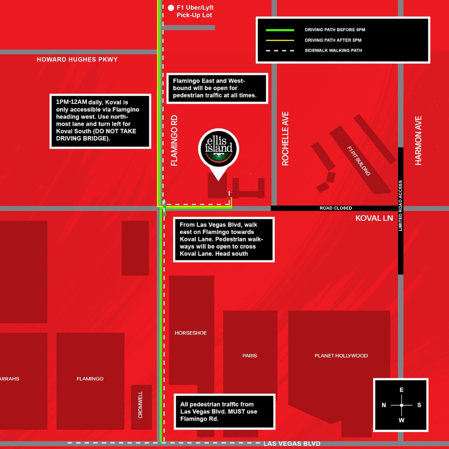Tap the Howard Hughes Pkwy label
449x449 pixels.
coord(77,59)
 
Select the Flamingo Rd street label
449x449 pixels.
coord(174,140)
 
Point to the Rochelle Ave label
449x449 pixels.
coord(285,139)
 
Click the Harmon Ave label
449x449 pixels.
coord(418,140)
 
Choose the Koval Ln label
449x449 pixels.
coord(374,218)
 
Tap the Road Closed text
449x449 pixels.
coord(336,208)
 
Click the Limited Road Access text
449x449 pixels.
coord(401,206)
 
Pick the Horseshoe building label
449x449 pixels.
coord(191,333)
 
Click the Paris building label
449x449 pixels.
coord(250,355)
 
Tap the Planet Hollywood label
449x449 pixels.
coord(341,355)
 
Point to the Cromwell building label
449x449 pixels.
coord(141,404)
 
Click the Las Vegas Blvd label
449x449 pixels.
coord(292,443)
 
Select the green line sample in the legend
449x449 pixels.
coord(280,30)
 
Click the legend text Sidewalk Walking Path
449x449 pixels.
coord(333,50)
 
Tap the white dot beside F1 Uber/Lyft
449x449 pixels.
coord(171,8)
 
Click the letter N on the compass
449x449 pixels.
coord(384,405)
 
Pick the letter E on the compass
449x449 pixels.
coord(402,390)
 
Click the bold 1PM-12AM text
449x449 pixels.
coord(71,102)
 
